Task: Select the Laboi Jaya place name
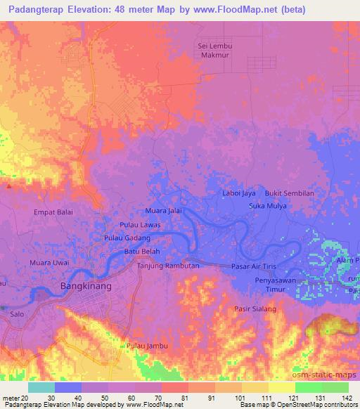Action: tap(238, 193)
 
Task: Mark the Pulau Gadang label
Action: tap(127, 238)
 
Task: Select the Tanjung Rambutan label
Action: tap(169, 266)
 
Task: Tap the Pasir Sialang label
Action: tap(255, 309)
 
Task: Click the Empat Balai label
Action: tap(53, 211)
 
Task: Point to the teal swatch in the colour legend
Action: tap(41, 387)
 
